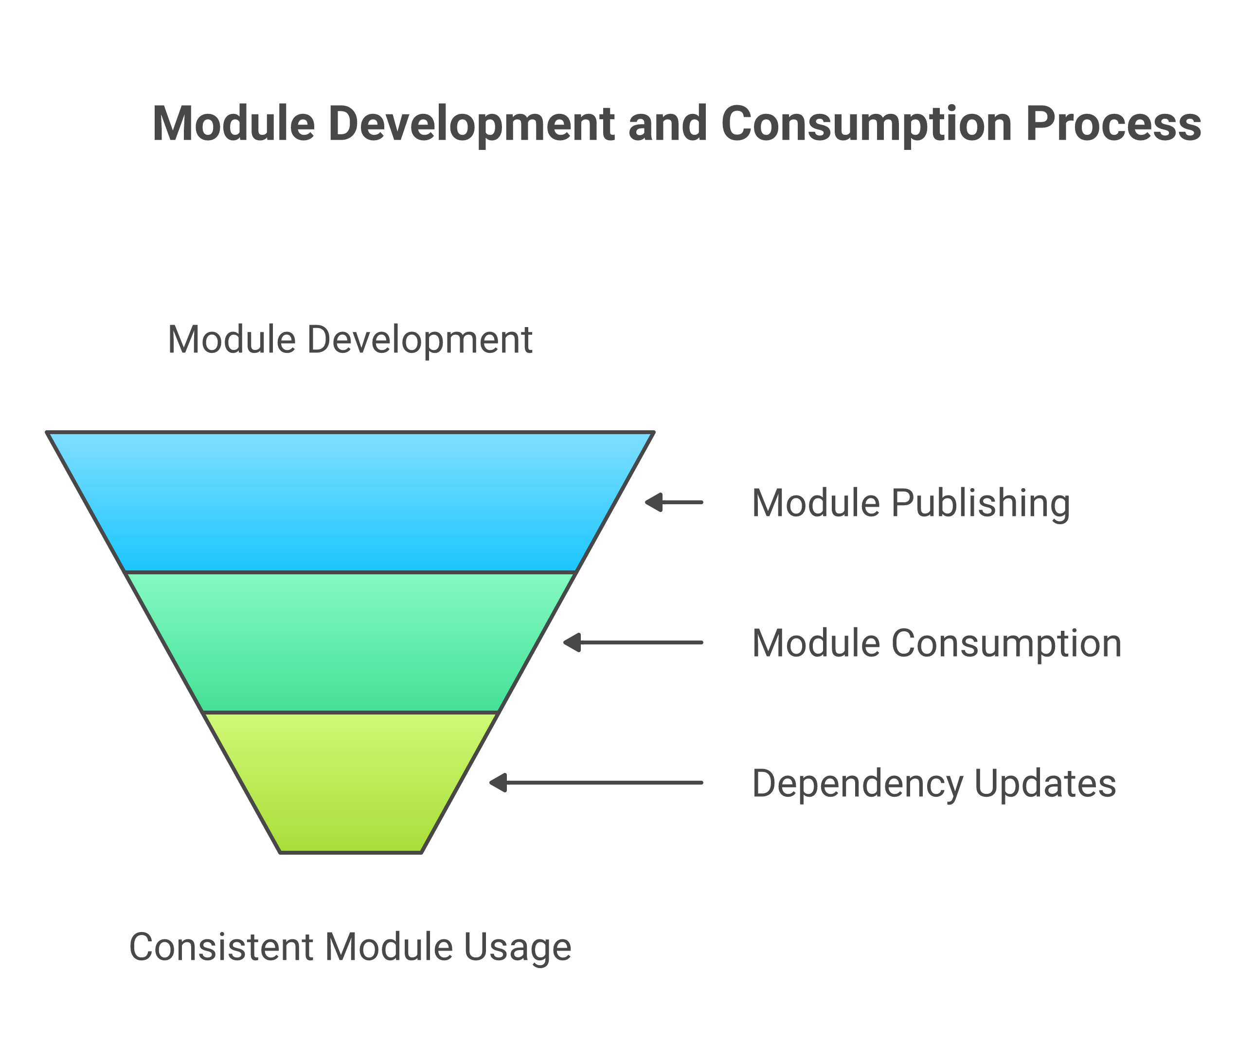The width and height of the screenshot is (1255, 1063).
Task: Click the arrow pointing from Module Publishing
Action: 674,502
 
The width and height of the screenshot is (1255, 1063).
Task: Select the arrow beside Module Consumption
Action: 633,642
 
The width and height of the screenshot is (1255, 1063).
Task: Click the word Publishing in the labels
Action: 980,504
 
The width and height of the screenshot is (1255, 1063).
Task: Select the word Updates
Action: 1045,784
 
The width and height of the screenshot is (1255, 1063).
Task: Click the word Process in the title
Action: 1113,124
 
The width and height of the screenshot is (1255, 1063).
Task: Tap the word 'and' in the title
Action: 668,124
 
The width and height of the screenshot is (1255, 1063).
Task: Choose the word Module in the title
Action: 233,124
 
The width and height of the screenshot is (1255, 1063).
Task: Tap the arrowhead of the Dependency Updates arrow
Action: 498,783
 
